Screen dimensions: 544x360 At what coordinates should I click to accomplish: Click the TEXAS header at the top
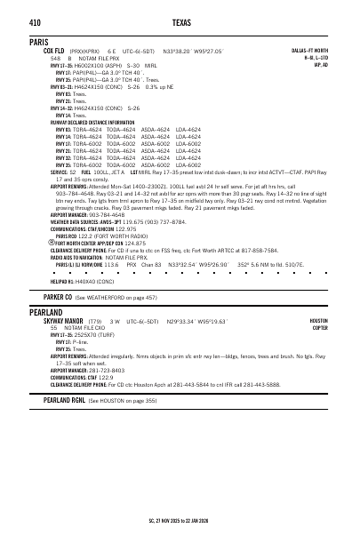(x=180, y=21)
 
